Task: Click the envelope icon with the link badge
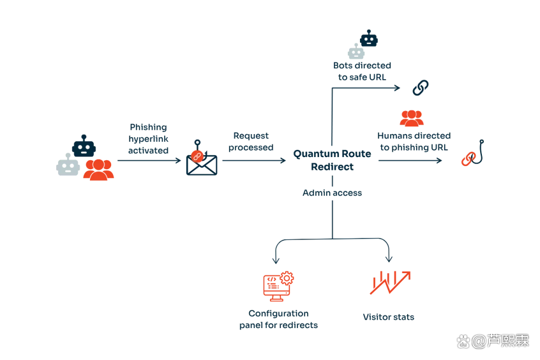coord(201,160)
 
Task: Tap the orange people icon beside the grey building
coord(98,169)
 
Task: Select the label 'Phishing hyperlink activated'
coord(148,140)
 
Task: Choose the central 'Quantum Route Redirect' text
coord(332,160)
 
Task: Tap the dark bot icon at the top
coord(370,38)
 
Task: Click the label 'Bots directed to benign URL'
coord(361,71)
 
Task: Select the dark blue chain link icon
coord(419,87)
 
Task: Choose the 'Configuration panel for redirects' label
coord(278,320)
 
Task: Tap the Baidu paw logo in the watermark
coord(463,341)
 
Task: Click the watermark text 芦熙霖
coord(509,341)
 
